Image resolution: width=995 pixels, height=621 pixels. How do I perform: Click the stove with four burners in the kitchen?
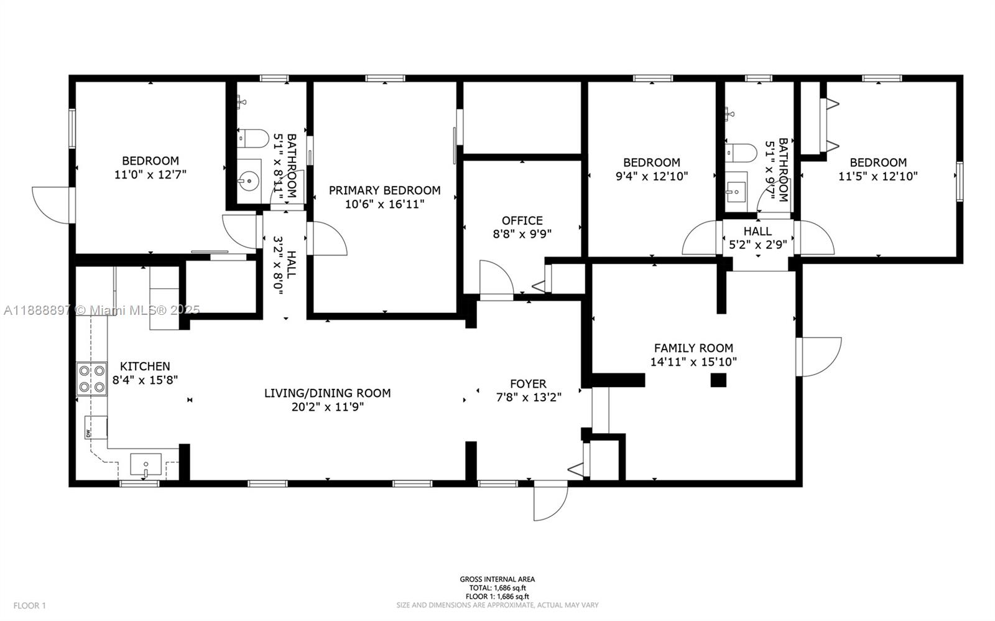tap(91, 379)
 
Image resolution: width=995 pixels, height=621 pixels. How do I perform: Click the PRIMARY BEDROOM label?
tap(384, 190)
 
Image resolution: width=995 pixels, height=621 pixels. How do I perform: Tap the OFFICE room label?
tap(522, 220)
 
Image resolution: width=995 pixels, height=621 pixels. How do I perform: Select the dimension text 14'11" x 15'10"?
tap(693, 362)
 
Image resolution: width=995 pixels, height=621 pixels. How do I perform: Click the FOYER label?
tap(528, 384)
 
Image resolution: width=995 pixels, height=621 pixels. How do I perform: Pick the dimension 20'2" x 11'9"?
tap(328, 407)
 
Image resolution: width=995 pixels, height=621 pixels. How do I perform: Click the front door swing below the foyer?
tap(550, 500)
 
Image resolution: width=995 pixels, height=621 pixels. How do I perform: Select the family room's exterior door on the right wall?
tap(820, 357)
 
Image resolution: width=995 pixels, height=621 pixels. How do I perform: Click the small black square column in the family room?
tap(718, 380)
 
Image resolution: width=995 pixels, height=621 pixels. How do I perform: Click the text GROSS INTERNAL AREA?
tap(497, 579)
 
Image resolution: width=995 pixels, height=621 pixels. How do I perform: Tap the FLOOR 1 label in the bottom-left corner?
tap(30, 605)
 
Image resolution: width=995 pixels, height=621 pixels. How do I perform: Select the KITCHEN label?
tap(145, 367)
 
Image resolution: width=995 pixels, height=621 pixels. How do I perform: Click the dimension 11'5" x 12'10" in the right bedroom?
tap(877, 177)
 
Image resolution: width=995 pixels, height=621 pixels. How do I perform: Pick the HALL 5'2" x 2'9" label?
tap(757, 238)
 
